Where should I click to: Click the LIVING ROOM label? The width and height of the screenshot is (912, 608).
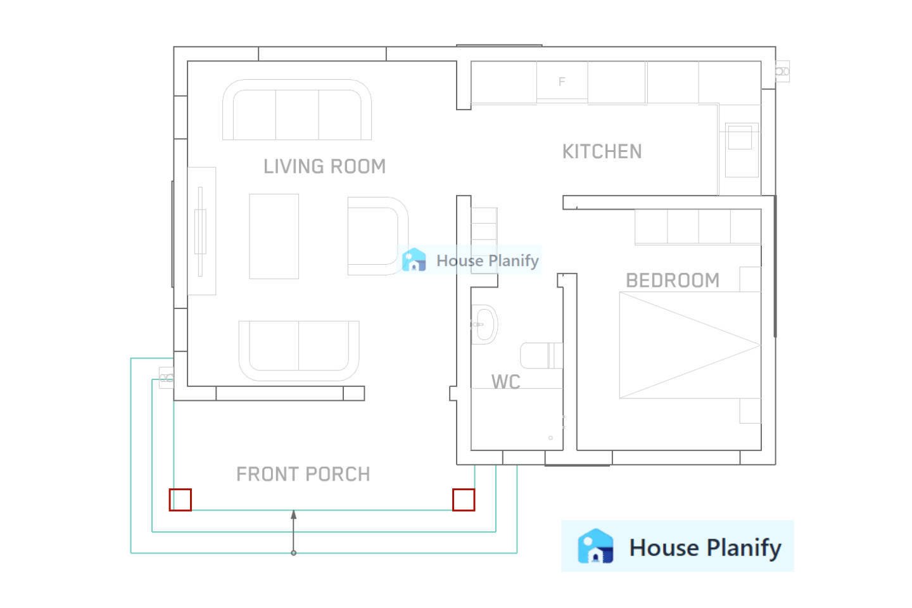coord(324,167)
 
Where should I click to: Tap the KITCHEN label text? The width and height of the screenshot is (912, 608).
coord(602,152)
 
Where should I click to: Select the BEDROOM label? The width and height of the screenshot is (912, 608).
coord(672,281)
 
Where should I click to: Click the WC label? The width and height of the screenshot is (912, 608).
coord(505,382)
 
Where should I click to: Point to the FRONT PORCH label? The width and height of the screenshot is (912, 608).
coord(303,474)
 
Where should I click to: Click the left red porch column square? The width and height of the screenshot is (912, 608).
coord(180,500)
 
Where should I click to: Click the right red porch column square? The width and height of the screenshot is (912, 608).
coord(464,500)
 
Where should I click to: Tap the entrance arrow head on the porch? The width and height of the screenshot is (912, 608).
coord(293,514)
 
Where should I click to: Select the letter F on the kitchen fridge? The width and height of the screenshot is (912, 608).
coord(561,82)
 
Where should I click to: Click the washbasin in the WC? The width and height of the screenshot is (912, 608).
coord(484,324)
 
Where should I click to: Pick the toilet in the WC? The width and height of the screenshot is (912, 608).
coord(540,355)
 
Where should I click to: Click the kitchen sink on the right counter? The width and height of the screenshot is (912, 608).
coord(740,137)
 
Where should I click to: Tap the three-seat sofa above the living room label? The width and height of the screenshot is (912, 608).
coord(296,111)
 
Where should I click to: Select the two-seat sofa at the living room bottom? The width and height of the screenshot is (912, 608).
coord(298,350)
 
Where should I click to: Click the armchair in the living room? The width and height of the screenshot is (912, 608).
coord(376,236)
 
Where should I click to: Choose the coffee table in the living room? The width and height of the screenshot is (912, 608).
coord(274,236)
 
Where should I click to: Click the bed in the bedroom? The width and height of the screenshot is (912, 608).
coord(689,345)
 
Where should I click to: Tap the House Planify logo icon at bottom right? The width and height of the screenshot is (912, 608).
coord(595,547)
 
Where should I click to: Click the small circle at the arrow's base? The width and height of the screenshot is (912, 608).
coord(293,553)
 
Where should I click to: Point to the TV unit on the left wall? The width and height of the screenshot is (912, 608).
coord(201,231)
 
